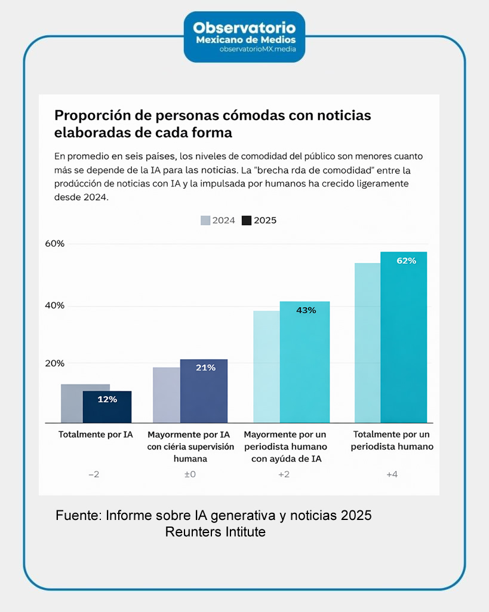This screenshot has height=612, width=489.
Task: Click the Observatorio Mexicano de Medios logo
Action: (x=244, y=36)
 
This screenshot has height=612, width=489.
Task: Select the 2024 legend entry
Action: (x=218, y=221)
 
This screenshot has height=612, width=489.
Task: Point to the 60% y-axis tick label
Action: (x=54, y=244)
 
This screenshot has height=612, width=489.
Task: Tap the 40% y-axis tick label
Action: (x=54, y=305)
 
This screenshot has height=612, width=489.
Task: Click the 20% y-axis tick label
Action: (x=54, y=363)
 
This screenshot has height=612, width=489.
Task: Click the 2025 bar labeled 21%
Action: (x=204, y=391)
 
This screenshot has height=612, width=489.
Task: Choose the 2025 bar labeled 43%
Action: (x=305, y=362)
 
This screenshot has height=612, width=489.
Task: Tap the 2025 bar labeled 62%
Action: (x=404, y=338)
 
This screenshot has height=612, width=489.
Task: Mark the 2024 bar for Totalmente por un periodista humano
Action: (x=367, y=343)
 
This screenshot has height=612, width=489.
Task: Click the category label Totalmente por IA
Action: (x=96, y=434)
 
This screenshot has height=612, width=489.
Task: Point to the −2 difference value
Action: (x=94, y=475)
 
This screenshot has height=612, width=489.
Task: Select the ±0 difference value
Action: (x=190, y=475)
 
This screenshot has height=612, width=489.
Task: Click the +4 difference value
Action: (x=392, y=475)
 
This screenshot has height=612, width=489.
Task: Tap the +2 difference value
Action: (x=284, y=475)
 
